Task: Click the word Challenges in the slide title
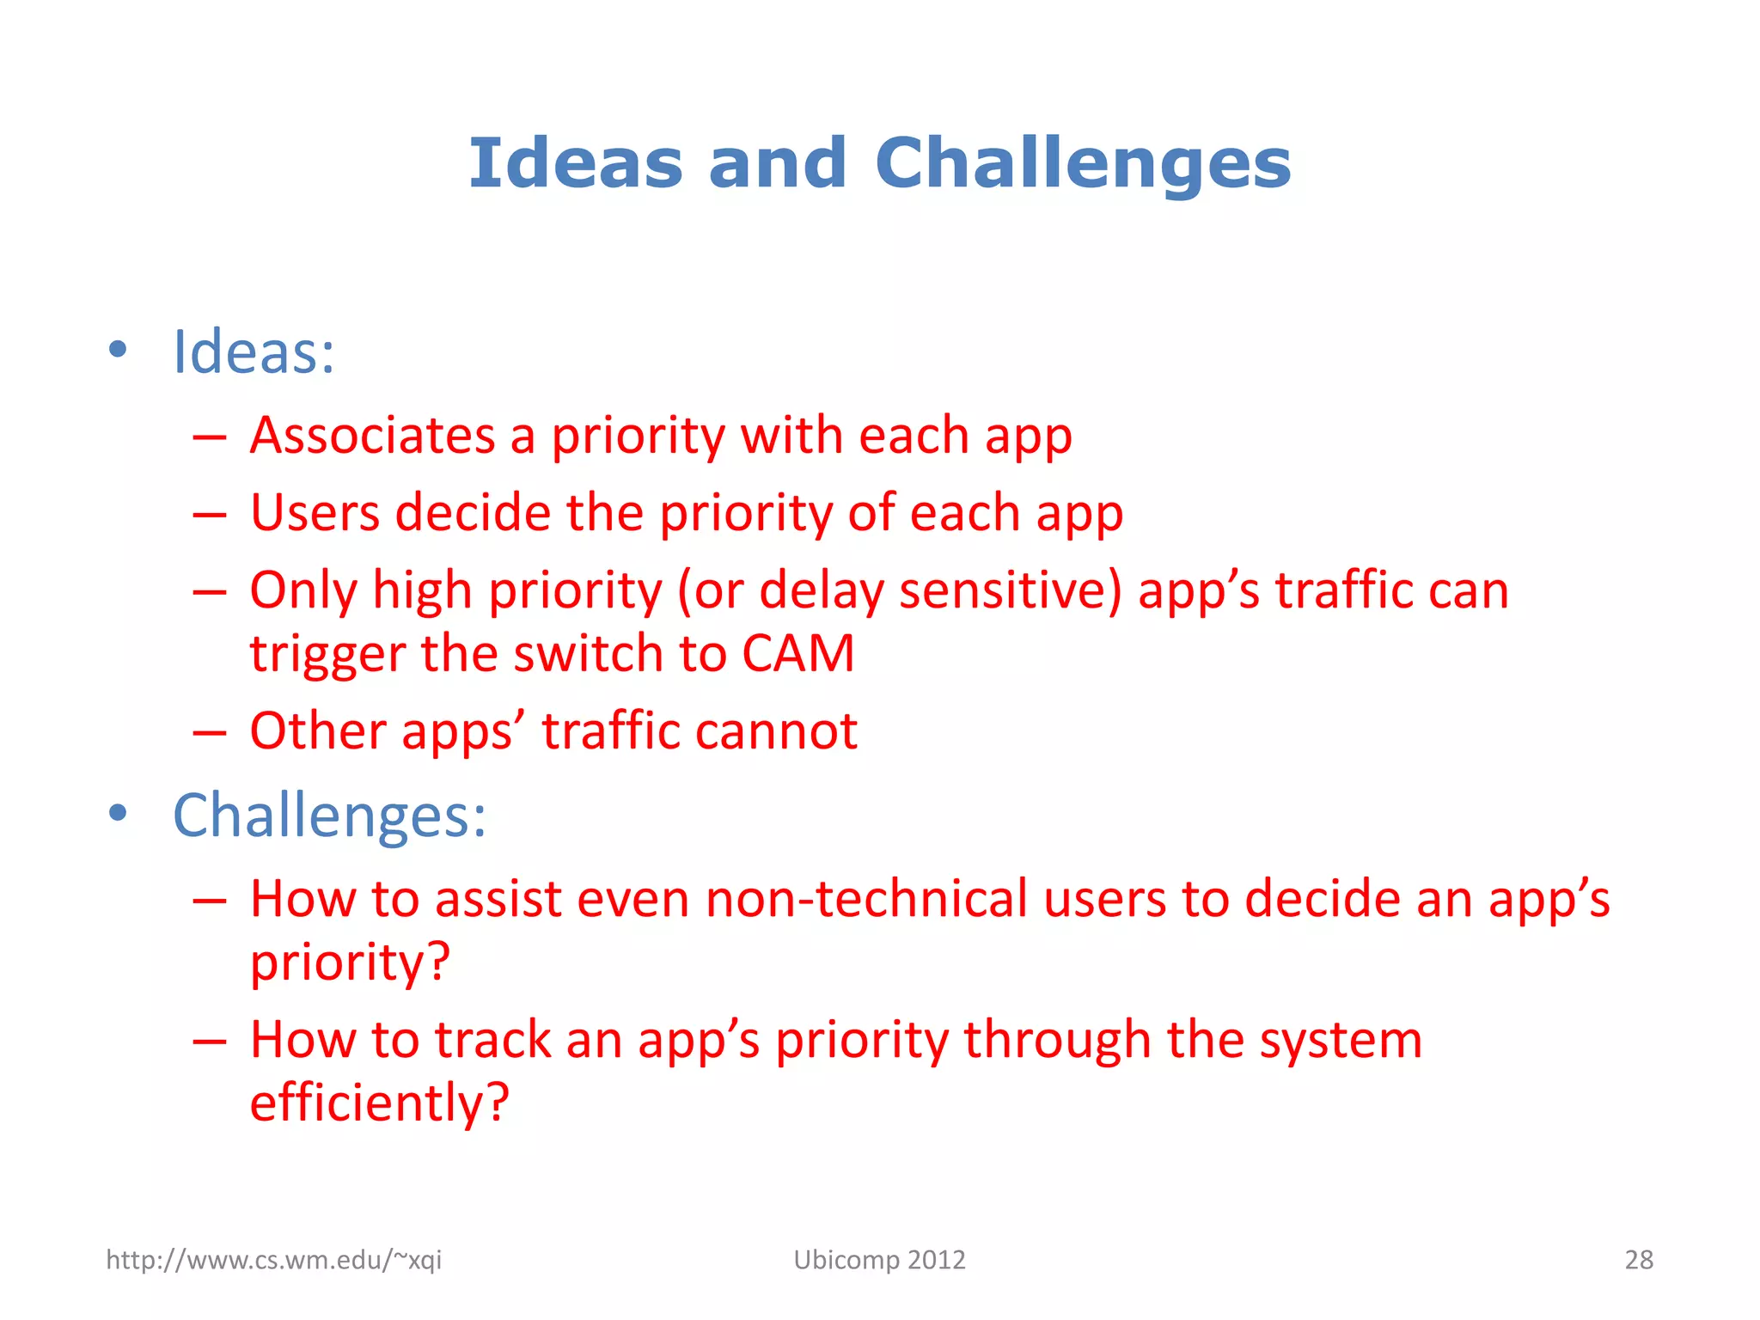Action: tap(1083, 165)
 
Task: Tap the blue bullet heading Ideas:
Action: tap(254, 352)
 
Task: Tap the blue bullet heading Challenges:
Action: tap(329, 816)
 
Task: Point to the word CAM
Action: tap(797, 653)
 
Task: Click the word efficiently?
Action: tap(379, 1103)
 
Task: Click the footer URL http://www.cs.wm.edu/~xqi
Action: tap(273, 1260)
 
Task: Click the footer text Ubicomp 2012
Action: tap(879, 1260)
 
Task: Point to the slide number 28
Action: tap(1639, 1260)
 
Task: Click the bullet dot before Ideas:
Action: tap(118, 350)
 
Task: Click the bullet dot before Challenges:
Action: tap(118, 812)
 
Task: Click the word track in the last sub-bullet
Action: tap(492, 1041)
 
